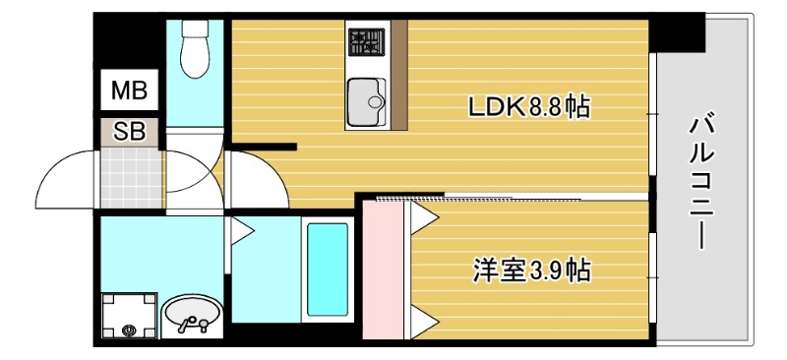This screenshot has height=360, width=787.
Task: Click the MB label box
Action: [128, 92]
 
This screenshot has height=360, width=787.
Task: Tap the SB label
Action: [128, 131]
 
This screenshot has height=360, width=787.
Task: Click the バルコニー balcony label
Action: [702, 182]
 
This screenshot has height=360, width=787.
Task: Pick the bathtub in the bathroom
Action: [328, 269]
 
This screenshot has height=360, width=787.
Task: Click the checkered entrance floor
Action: [128, 177]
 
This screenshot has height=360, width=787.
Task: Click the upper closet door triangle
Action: [422, 217]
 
